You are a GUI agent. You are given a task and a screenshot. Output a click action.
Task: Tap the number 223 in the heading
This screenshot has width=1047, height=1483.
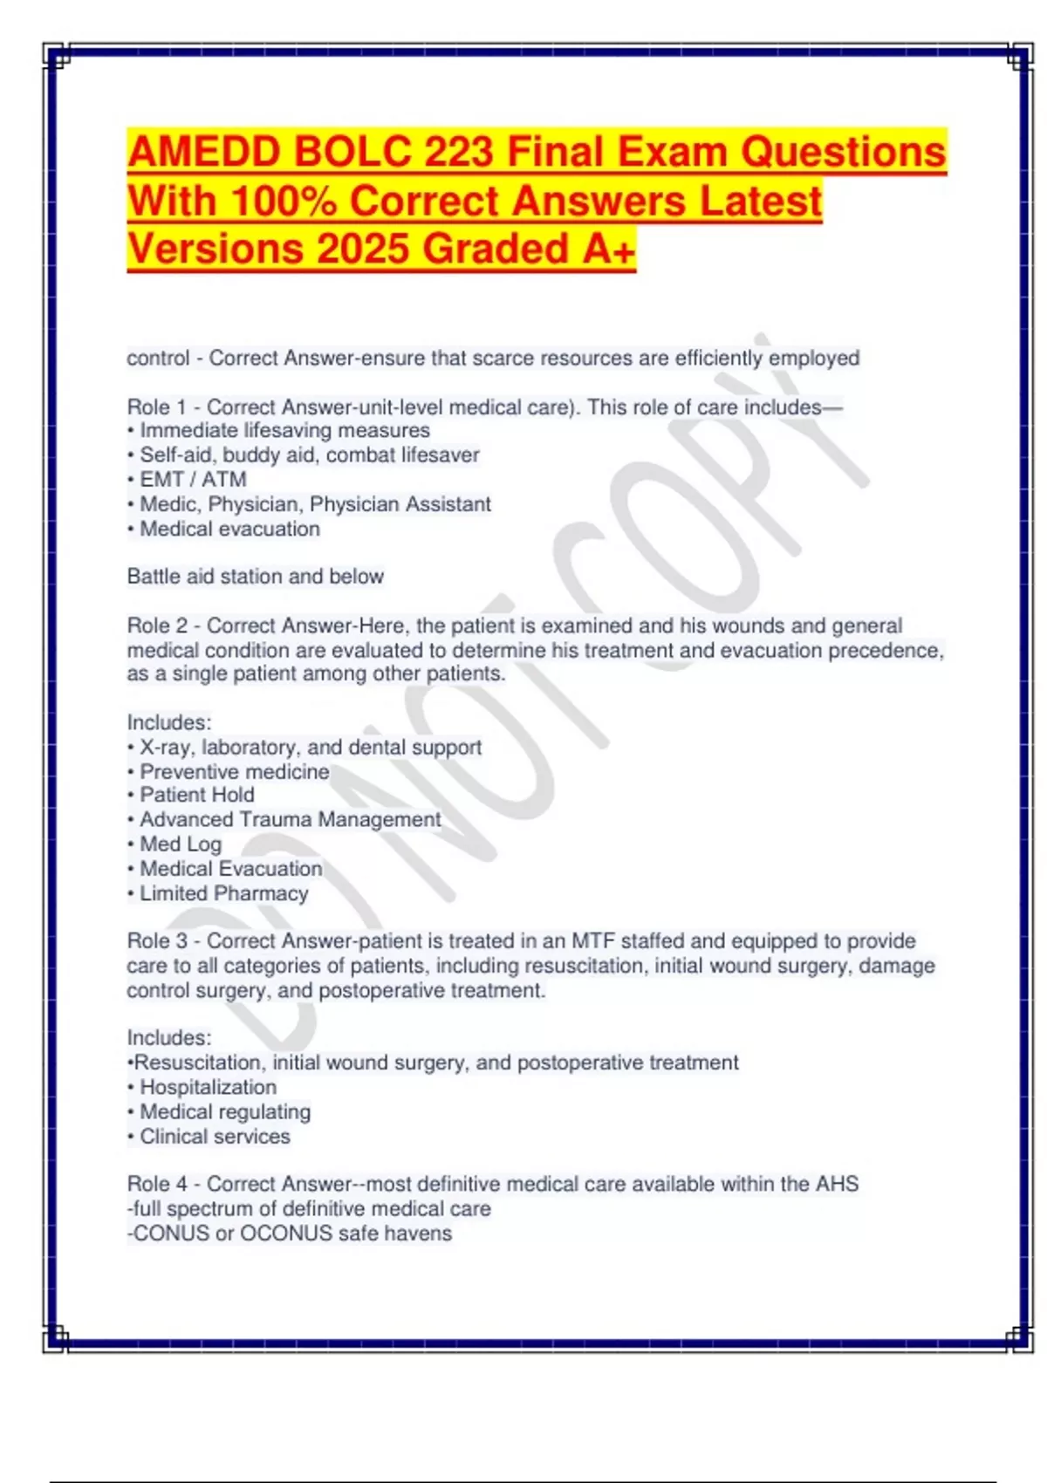458,152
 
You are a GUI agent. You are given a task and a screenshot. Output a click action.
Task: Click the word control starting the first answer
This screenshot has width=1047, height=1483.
158,358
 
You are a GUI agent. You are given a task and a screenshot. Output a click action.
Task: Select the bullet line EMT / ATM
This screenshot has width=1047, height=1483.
193,479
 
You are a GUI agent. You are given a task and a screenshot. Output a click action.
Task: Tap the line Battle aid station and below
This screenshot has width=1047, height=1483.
255,576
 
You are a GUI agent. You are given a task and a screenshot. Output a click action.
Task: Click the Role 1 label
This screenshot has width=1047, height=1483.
157,407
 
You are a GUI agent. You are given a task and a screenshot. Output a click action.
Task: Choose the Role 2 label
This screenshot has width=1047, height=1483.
157,625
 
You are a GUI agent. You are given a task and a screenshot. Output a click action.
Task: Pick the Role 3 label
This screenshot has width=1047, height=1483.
157,941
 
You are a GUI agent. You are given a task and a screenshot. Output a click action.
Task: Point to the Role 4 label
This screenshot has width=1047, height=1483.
157,1184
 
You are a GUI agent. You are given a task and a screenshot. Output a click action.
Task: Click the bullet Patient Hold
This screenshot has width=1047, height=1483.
197,795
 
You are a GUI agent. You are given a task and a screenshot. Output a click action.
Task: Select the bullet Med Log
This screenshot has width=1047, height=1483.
181,844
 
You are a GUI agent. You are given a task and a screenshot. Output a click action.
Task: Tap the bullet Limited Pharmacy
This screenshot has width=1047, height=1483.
224,893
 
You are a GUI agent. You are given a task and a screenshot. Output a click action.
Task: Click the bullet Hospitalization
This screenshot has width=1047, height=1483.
208,1087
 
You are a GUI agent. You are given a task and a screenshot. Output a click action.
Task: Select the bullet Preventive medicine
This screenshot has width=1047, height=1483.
234,771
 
